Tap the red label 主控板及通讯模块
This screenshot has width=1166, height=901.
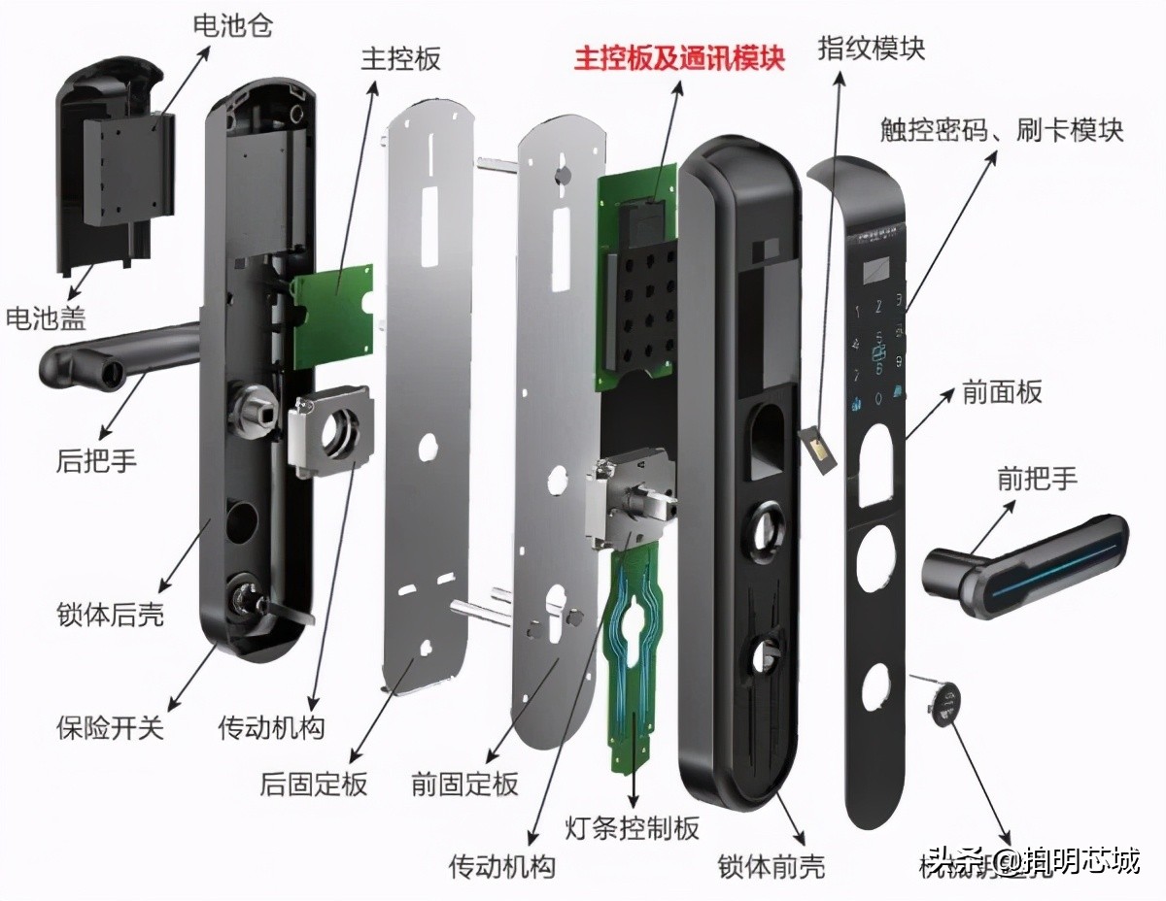[678, 59]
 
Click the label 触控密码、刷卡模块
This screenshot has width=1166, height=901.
[1001, 129]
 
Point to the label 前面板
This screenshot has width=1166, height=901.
[1002, 392]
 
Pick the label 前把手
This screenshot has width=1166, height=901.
[1037, 478]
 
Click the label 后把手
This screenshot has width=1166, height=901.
[97, 460]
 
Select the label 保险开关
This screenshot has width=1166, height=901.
[110, 726]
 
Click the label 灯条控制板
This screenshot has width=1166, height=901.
[632, 827]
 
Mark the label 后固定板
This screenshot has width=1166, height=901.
[314, 784]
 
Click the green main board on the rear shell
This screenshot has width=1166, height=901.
[332, 313]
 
